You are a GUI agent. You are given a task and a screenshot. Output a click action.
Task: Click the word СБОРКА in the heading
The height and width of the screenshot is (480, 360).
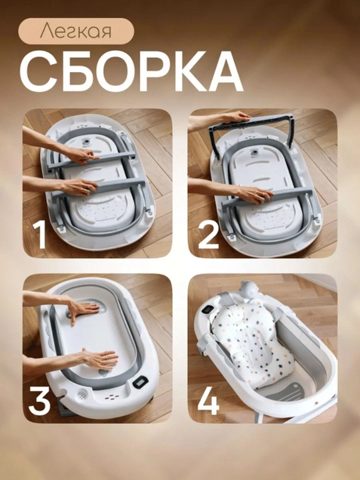click(131, 71)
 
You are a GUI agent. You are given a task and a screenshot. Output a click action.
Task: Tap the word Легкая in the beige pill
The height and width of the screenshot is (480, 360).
click(75, 31)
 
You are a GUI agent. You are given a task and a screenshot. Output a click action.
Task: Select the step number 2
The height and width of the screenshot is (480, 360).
click(209, 235)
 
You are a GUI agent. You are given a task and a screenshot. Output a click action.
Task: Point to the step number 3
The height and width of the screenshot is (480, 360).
click(39, 401)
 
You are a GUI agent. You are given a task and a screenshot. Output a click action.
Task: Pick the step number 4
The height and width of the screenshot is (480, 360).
click(209, 401)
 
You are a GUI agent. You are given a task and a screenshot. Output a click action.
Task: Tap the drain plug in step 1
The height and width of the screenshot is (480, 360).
click(87, 143)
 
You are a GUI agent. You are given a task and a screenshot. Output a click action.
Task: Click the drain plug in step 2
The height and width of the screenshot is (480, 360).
click(253, 153)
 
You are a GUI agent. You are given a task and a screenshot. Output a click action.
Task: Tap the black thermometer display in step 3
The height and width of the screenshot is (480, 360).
click(141, 382)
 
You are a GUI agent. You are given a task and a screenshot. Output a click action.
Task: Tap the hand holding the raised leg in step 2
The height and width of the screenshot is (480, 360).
click(236, 117)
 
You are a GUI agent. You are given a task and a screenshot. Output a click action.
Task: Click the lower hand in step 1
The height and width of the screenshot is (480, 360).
click(79, 186)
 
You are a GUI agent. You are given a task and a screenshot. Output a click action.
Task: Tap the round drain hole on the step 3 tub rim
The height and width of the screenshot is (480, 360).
click(82, 395)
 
